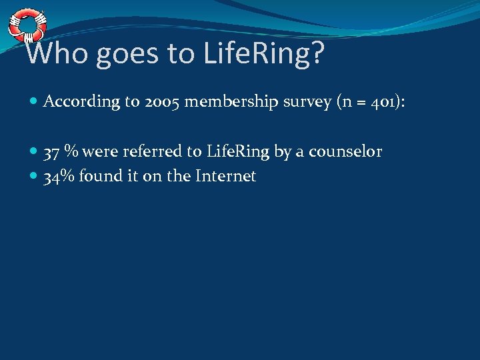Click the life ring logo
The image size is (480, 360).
26,25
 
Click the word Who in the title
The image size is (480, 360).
57,53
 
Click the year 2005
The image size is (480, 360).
159,102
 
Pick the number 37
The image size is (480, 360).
51,152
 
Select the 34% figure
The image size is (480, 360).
58,177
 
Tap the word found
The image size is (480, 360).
98,177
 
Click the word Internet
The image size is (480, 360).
227,177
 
